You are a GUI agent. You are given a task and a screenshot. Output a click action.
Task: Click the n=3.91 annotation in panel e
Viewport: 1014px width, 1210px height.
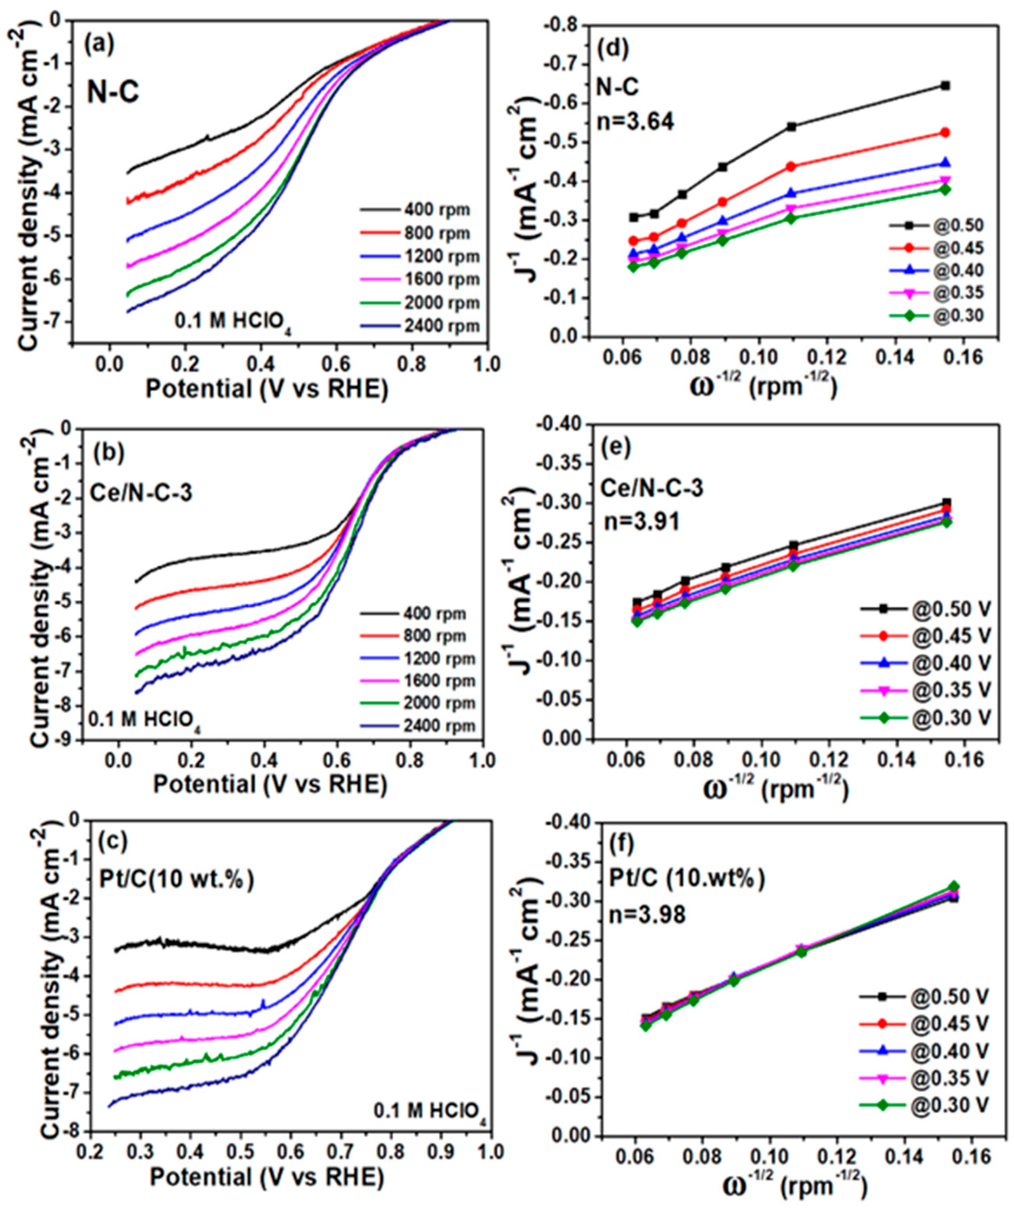point(641,521)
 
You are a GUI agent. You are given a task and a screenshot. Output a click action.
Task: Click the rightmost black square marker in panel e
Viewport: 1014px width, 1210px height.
point(946,502)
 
